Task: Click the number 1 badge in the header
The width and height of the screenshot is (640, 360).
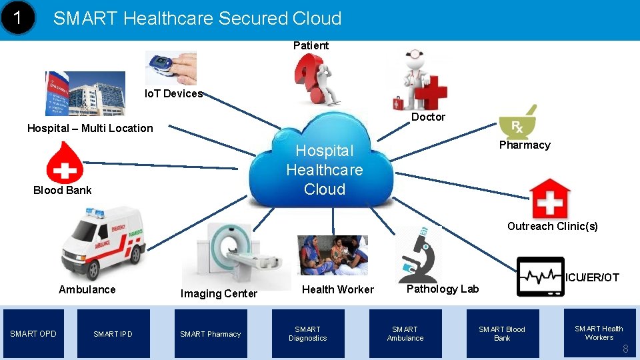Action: click(21, 19)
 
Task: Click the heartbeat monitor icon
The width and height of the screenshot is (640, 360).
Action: click(540, 275)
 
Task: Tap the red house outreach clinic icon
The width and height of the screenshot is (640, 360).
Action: click(550, 197)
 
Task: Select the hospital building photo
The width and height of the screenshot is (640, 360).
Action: click(85, 93)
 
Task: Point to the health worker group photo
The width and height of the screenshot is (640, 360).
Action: click(332, 255)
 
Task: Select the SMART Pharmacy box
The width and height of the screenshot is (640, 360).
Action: click(210, 334)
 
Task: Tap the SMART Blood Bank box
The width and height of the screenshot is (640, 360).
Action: click(501, 334)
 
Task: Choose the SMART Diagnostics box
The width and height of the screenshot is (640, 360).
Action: click(307, 334)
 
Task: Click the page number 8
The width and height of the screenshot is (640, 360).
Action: click(625, 349)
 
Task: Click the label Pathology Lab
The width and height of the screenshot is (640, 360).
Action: click(442, 289)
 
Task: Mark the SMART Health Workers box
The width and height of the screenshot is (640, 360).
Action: click(598, 333)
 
